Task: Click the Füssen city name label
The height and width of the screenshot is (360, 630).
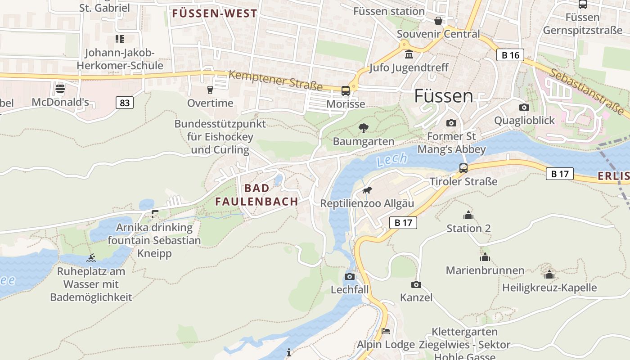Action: click(443, 96)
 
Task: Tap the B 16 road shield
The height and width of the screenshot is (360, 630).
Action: click(510, 55)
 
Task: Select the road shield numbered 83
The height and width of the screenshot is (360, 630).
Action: click(125, 103)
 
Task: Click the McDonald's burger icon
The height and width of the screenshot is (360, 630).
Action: click(60, 88)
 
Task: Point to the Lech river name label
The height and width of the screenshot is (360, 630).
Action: click(392, 159)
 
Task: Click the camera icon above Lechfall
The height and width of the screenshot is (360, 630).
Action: click(350, 276)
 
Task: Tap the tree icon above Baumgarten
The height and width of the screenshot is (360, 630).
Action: click(363, 128)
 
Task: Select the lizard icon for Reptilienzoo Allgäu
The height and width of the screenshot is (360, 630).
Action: click(367, 190)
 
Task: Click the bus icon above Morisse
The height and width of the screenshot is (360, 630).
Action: click(346, 91)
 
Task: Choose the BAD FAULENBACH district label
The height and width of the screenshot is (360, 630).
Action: click(256, 195)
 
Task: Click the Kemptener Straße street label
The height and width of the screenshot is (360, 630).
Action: click(275, 80)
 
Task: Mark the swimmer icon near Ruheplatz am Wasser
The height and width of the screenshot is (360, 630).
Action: click(91, 258)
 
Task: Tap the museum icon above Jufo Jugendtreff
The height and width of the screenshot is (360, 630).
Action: click(409, 54)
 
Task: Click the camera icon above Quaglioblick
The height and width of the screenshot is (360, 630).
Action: click(524, 107)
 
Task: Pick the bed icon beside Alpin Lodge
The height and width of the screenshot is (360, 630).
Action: click(386, 331)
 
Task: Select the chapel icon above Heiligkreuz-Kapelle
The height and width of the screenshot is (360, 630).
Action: click(549, 274)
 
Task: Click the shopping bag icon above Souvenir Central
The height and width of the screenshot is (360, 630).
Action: click(438, 21)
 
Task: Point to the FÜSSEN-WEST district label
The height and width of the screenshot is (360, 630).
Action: click(214, 13)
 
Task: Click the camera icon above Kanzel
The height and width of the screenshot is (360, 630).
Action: click(416, 284)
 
